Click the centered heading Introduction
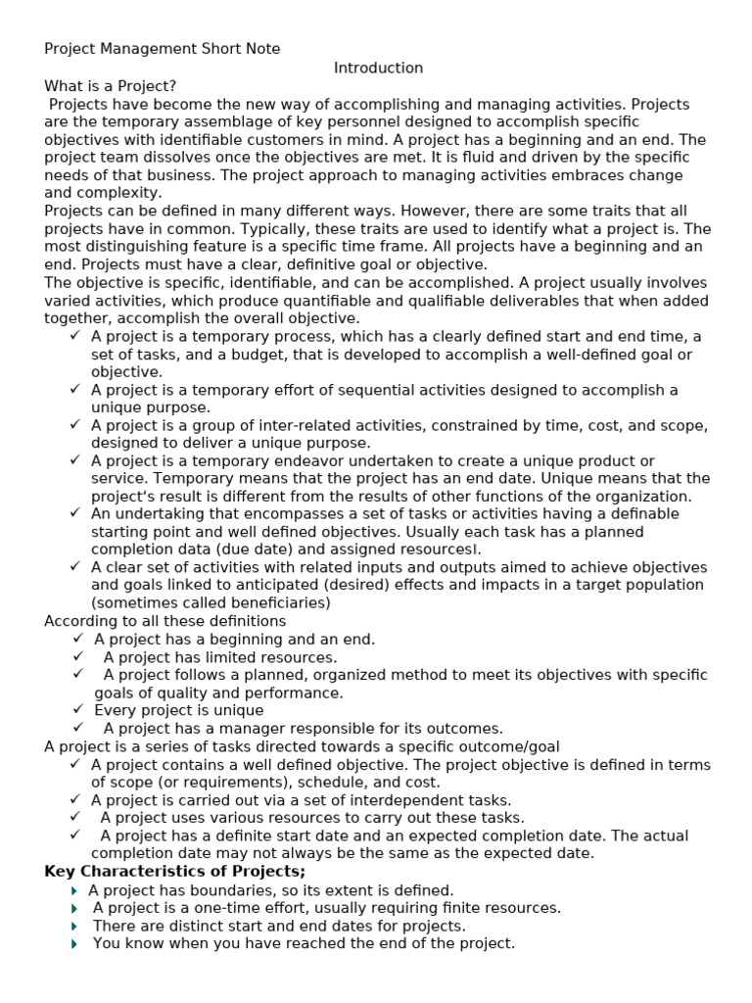tap(378, 68)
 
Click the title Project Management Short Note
tap(162, 49)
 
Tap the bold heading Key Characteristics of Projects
tap(174, 871)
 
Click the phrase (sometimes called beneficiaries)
tap(211, 602)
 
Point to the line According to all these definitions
tap(165, 621)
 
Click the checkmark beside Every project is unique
tap(78, 710)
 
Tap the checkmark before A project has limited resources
tap(78, 656)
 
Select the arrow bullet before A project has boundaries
tap(74, 890)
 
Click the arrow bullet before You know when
tap(74, 943)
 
